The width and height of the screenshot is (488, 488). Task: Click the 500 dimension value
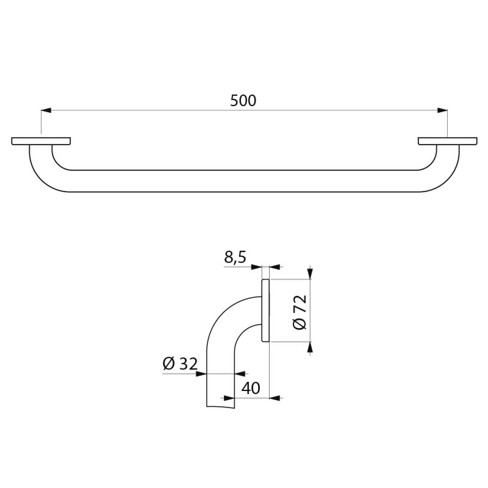click(x=243, y=101)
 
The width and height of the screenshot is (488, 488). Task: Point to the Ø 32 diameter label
click(x=180, y=364)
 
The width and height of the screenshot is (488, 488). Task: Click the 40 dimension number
click(x=251, y=388)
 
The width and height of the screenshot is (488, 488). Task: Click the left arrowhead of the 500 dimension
click(x=45, y=110)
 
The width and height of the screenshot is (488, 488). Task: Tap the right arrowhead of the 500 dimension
click(x=443, y=110)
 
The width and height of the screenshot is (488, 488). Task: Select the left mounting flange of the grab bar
click(x=41, y=141)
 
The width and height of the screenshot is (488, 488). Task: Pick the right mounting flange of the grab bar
click(x=447, y=141)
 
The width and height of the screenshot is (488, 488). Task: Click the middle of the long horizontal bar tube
click(x=244, y=181)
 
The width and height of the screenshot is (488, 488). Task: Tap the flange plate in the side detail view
click(x=265, y=310)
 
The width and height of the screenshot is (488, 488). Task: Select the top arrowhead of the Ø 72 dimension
click(x=310, y=274)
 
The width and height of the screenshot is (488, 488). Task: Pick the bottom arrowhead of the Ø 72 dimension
click(x=310, y=347)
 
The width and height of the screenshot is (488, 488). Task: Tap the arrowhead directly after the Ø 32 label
click(x=202, y=373)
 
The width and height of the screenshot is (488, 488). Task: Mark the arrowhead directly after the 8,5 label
click(x=257, y=267)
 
